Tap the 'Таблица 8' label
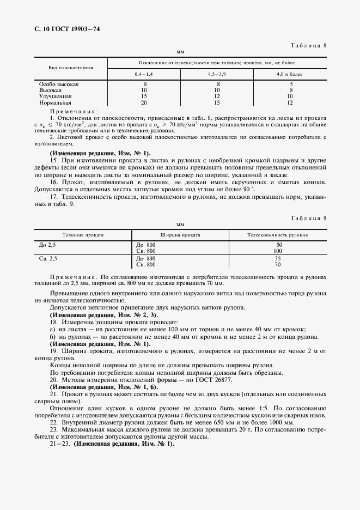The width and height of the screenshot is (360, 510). pyautogui.click(x=308, y=45)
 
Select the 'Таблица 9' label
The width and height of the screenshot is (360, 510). pyautogui.click(x=308, y=217)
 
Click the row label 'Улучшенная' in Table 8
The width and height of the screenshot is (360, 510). pyautogui.click(x=56, y=96)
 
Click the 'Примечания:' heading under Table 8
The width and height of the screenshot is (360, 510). pyautogui.click(x=74, y=111)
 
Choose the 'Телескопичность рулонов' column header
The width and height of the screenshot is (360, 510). pyautogui.click(x=278, y=234)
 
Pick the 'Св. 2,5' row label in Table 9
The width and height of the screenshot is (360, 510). pyautogui.click(x=48, y=258)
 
